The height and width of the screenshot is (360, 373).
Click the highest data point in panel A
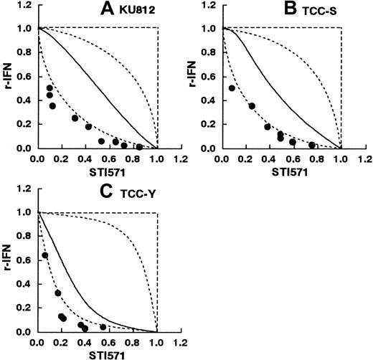(49, 88)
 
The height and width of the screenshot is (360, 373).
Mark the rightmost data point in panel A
(139, 146)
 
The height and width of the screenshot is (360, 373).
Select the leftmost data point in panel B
(232, 88)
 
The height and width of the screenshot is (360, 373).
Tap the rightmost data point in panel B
(312, 145)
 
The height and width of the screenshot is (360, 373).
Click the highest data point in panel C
(45, 255)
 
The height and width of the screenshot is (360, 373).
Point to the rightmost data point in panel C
(103, 327)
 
